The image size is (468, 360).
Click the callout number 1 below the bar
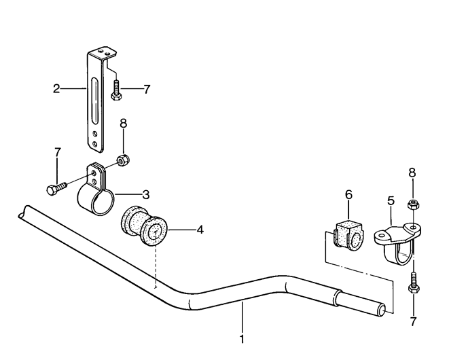(x=242, y=340)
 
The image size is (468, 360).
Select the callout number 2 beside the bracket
(x=56, y=89)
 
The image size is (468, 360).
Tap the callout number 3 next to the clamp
(x=145, y=195)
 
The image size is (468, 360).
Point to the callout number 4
(x=200, y=230)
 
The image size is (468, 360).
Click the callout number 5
(x=391, y=200)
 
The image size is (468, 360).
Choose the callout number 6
(x=348, y=195)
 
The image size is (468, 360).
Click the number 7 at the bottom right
(x=414, y=321)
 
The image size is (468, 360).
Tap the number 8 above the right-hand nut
(x=412, y=173)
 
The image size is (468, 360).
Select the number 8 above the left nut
(x=123, y=123)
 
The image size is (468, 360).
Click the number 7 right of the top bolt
(x=147, y=89)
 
